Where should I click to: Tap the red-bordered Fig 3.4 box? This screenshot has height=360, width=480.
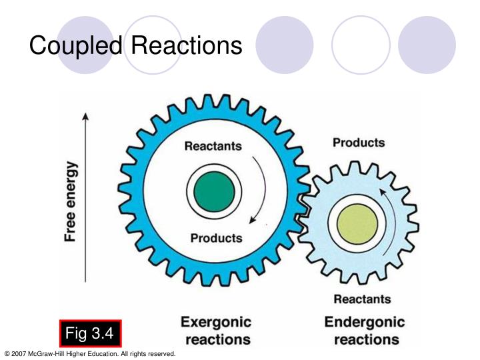click(90, 332)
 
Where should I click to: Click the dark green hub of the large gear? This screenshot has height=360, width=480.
click(210, 191)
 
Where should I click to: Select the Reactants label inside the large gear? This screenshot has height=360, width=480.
click(213, 146)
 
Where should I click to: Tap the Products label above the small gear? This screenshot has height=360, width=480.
click(359, 143)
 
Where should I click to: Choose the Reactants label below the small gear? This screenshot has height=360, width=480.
click(362, 299)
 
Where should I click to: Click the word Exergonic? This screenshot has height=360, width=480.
click(216, 323)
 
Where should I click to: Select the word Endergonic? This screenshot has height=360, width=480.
click(365, 323)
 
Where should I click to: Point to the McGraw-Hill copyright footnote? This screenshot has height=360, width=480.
click(90, 353)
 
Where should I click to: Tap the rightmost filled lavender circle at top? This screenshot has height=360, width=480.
click(427, 45)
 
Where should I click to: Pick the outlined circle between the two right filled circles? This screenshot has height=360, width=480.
click(360, 45)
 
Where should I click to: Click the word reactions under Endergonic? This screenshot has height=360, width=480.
click(366, 339)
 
